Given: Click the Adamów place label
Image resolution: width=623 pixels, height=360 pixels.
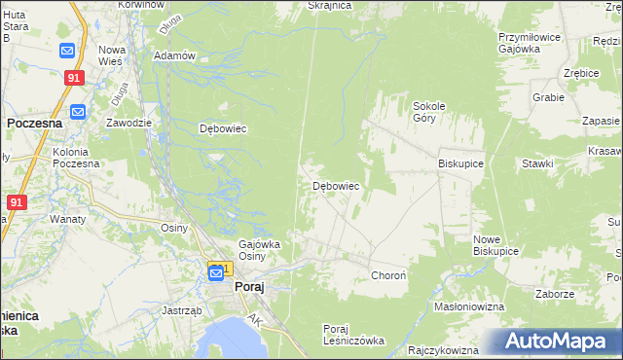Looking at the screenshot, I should (x=175, y=55).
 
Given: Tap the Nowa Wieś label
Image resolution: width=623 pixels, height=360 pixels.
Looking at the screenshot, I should (x=113, y=55).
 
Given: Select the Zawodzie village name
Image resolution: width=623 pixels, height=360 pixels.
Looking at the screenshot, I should (x=128, y=123).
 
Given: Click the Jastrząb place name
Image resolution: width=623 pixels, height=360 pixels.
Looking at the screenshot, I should (x=182, y=311).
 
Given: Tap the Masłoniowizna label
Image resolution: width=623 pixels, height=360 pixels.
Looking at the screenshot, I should (x=469, y=306).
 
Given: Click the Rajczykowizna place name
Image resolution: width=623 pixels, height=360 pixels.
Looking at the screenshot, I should (x=444, y=350).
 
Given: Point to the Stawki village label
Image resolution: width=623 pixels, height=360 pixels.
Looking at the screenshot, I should (x=536, y=164).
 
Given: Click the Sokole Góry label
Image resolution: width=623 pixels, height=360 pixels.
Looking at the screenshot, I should (x=428, y=111).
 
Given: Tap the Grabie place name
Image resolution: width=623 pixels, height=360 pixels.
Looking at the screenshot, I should (x=548, y=97).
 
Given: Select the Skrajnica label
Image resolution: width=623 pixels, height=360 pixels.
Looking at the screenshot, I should (x=328, y=6).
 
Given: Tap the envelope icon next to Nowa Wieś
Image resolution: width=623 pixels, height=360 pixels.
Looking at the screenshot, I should (x=67, y=51).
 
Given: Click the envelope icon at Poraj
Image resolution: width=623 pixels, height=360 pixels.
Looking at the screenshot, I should (x=215, y=273).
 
